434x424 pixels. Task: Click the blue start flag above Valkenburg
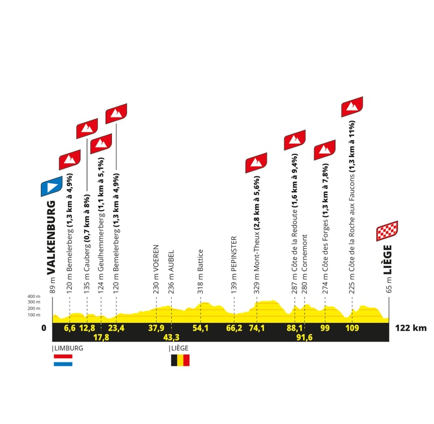click(51, 185)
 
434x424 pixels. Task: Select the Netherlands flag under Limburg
click(63, 360)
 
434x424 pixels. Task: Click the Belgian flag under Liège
click(180, 360)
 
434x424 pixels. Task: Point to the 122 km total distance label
click(410, 328)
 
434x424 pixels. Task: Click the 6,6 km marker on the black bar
click(70, 327)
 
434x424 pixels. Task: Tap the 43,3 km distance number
click(171, 337)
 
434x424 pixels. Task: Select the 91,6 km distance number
click(305, 337)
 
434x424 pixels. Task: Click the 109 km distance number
click(352, 327)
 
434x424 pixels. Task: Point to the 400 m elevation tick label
click(34, 296)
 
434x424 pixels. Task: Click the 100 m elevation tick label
click(34, 314)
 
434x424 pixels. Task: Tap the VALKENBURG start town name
click(51, 237)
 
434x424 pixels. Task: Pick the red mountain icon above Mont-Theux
click(256, 162)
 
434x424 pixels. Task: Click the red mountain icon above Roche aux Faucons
click(352, 106)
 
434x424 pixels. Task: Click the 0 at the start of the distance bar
click(45, 328)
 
